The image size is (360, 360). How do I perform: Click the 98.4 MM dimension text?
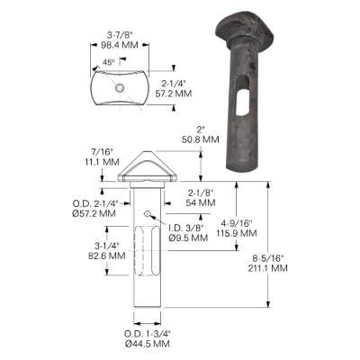[119, 45]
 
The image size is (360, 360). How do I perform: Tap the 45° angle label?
[109, 62]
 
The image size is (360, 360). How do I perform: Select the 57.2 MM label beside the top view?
[174, 94]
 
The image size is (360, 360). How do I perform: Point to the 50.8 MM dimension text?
[201, 139]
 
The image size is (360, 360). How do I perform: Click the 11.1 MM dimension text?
[102, 162]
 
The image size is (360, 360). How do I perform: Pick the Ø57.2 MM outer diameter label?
[94, 213]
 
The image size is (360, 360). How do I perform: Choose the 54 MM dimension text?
[201, 202]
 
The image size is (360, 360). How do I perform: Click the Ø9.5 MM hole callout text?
[188, 238]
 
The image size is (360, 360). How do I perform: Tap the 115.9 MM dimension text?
[238, 233]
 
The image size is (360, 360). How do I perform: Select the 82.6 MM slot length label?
[107, 256]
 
